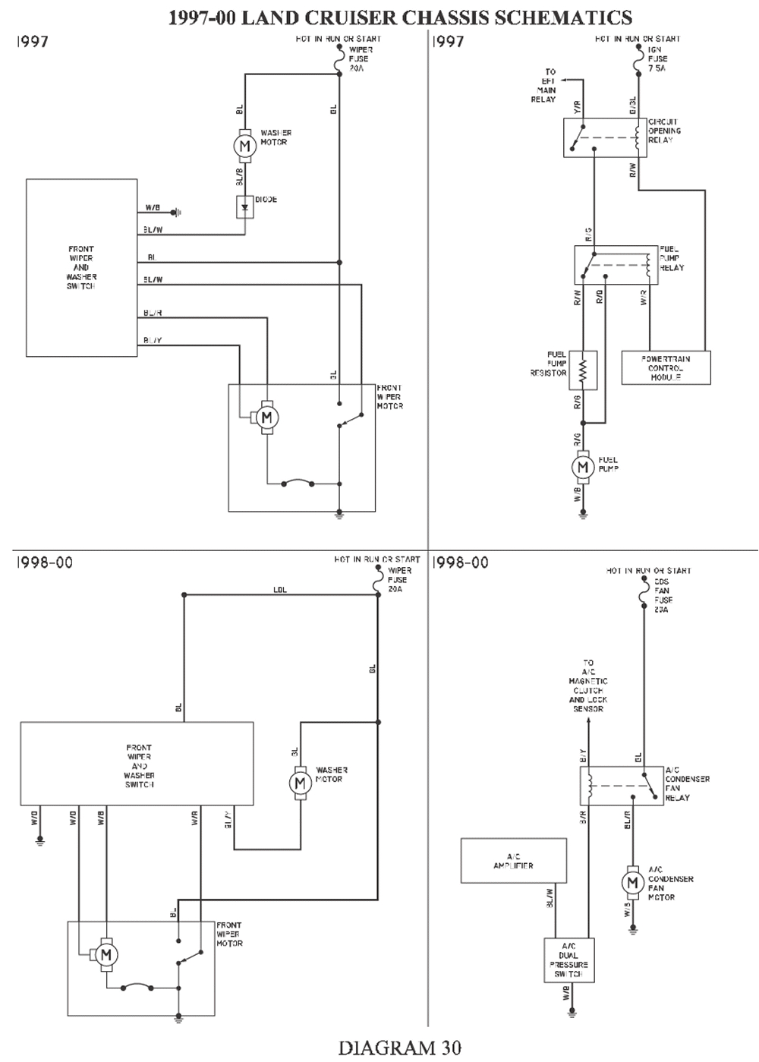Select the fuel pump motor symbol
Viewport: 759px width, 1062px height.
tap(583, 467)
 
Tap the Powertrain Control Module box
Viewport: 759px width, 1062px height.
tap(666, 367)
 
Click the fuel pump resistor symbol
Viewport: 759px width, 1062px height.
tap(583, 370)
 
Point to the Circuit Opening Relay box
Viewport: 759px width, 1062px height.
tap(605, 137)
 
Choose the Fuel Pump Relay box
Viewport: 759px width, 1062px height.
tap(615, 264)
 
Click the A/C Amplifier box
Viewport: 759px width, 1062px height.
tap(513, 860)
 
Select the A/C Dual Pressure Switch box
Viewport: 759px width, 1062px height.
tap(568, 960)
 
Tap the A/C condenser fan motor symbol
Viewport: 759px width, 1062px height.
tap(631, 882)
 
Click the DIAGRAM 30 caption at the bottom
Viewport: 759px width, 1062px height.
tap(399, 1048)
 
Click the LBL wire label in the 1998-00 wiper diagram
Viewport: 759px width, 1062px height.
tap(280, 590)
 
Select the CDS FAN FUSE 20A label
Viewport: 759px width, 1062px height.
tap(662, 595)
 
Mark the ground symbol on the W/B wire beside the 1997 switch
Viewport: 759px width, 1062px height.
tap(176, 212)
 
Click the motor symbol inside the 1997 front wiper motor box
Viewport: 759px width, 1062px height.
tap(266, 417)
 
